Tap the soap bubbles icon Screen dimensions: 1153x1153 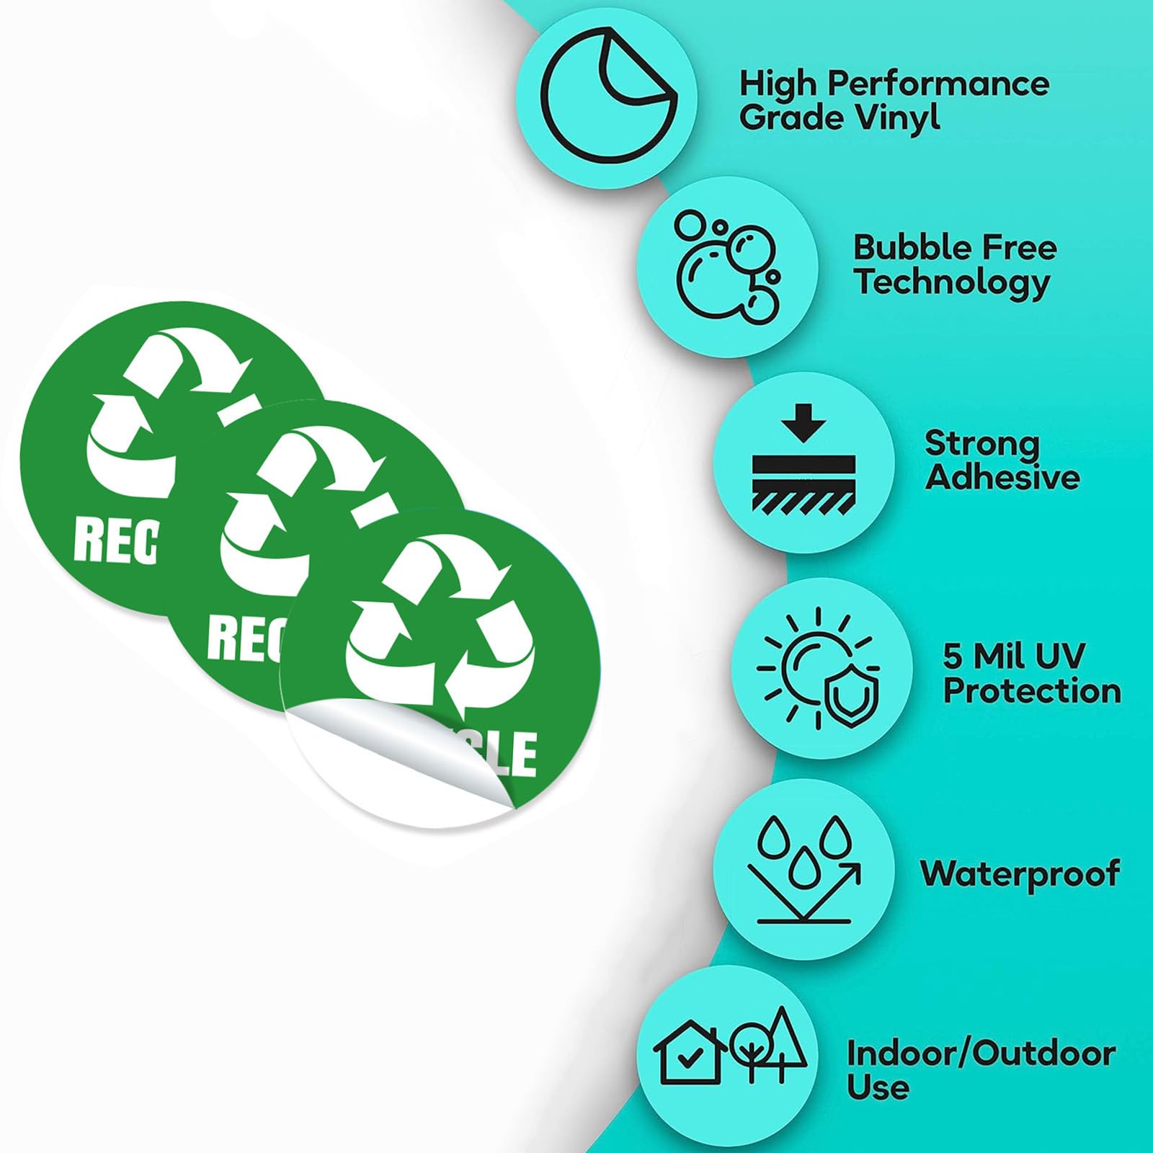(726, 267)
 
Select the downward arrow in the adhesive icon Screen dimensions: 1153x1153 (803, 423)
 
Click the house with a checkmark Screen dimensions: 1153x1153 (689, 1051)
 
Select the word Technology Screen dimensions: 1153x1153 (952, 282)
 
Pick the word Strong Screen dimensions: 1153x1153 (981, 444)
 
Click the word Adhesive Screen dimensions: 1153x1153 (1002, 477)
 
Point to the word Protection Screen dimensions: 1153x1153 (1032, 690)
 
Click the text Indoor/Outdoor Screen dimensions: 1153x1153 (981, 1054)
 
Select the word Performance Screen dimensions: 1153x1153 (938, 84)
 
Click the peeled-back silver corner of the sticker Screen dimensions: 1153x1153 (404, 749)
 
